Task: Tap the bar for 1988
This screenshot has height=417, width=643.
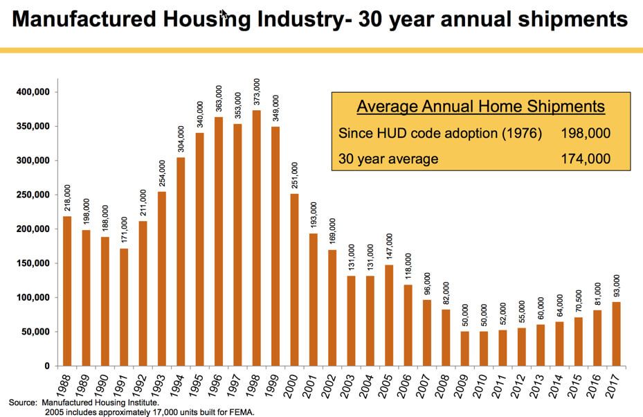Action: (x=67, y=291)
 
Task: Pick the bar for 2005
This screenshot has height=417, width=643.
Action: (x=389, y=315)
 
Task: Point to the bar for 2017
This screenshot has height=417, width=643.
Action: (x=616, y=333)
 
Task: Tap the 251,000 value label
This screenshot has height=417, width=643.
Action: (x=295, y=175)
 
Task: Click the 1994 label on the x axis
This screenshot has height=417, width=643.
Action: (x=179, y=382)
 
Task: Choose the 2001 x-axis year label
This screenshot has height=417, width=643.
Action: (x=311, y=382)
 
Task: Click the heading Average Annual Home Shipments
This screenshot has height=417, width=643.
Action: (x=481, y=107)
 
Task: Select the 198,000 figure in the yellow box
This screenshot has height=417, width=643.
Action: (x=586, y=134)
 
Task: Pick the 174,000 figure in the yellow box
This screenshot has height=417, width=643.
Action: (x=586, y=159)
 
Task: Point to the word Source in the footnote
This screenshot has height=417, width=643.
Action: (x=21, y=402)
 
